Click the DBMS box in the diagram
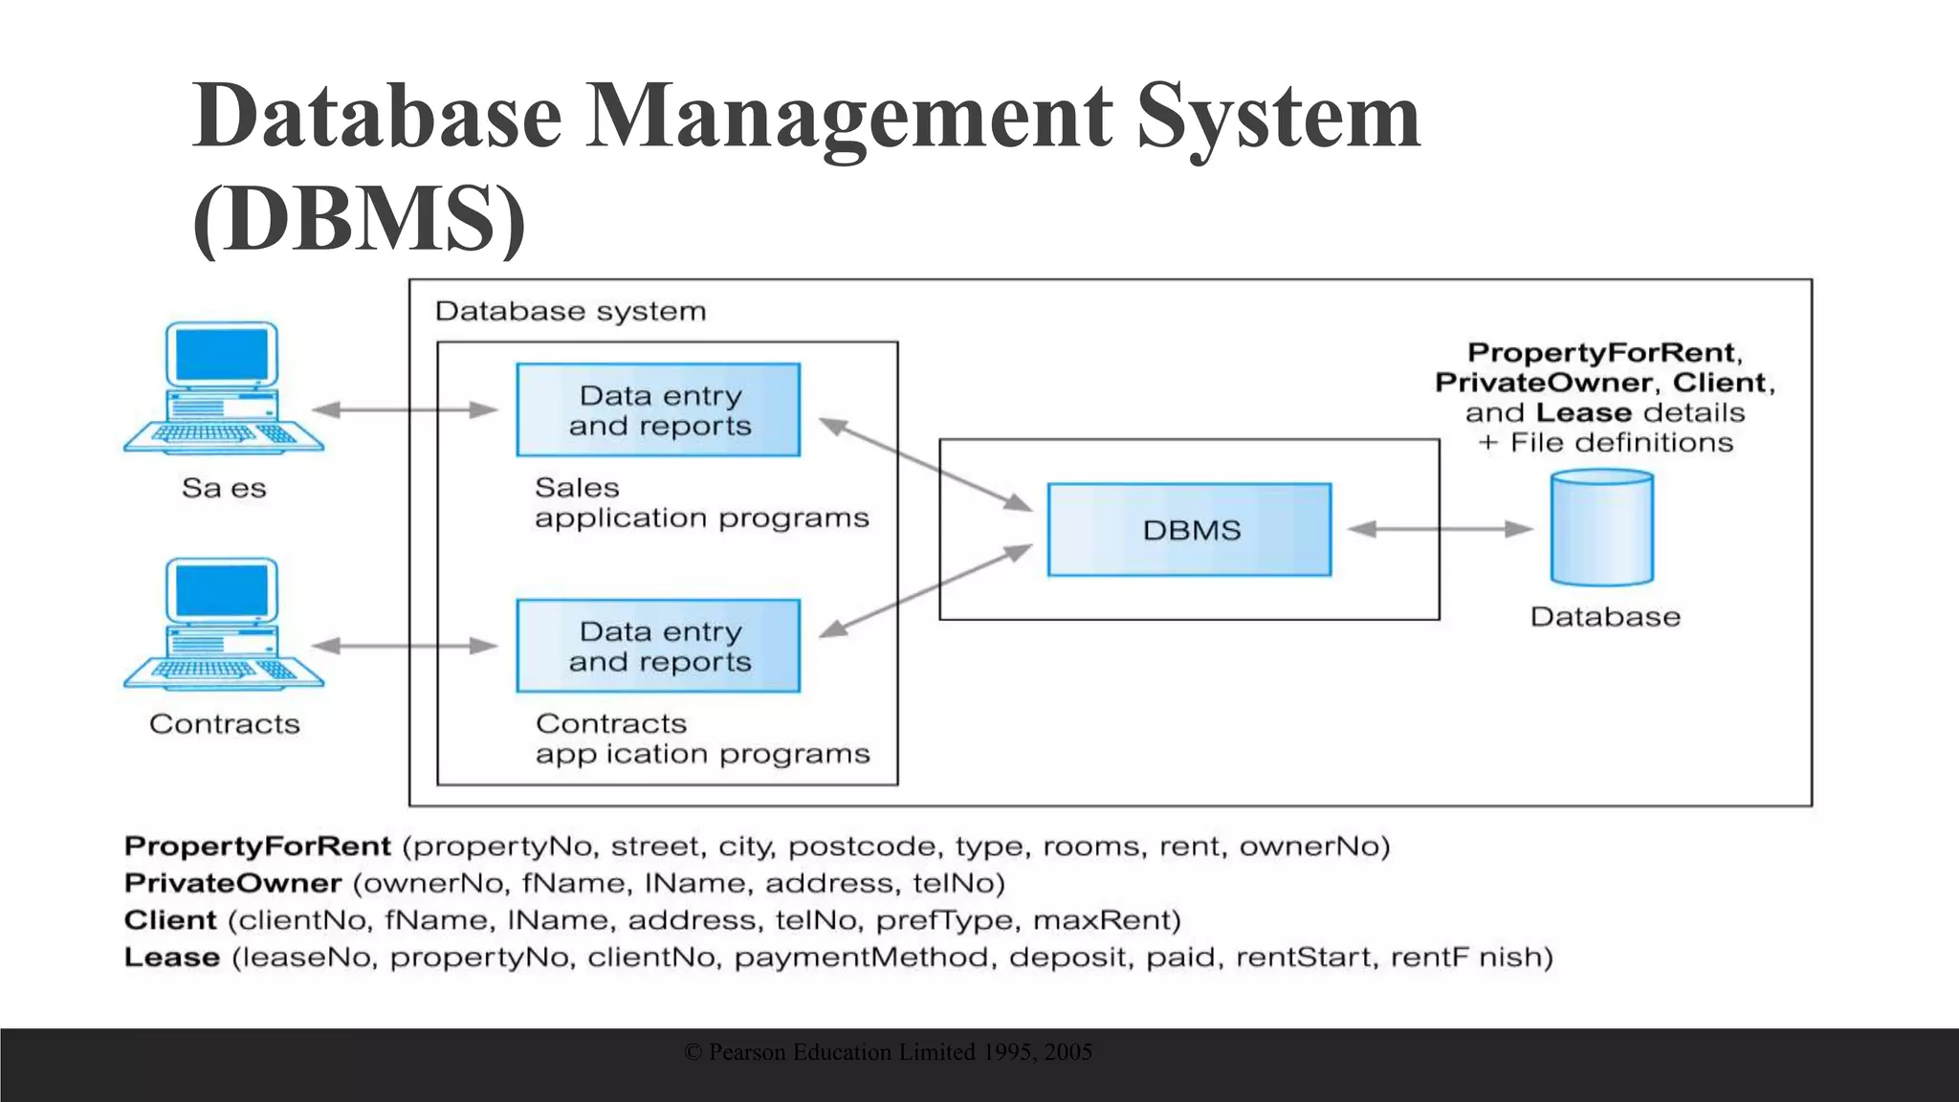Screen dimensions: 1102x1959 click(x=1189, y=529)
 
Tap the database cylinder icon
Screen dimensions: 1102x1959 click(x=1601, y=528)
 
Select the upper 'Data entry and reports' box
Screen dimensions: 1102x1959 click(x=658, y=409)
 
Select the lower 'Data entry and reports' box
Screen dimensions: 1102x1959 click(x=658, y=646)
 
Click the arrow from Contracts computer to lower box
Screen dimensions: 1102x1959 click(x=405, y=646)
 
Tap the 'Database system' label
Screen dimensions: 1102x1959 click(x=570, y=311)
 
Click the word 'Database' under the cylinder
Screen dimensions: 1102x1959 click(x=1604, y=617)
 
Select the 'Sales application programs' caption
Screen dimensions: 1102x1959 click(x=700, y=502)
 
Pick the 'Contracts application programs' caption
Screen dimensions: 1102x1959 click(x=701, y=738)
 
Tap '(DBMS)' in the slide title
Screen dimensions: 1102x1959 click(x=359, y=219)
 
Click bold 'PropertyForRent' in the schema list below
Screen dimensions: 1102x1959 click(x=257, y=846)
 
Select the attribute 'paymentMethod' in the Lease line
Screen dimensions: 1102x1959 click(x=860, y=957)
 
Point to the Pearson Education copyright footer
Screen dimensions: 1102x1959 click(x=888, y=1052)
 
